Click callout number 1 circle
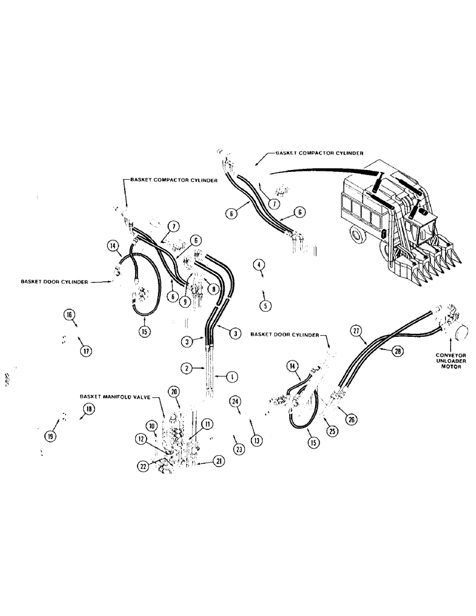[x=233, y=375]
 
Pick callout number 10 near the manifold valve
[x=150, y=425]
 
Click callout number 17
[x=85, y=351]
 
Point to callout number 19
[x=51, y=436]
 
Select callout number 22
[x=143, y=466]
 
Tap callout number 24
[x=235, y=402]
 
